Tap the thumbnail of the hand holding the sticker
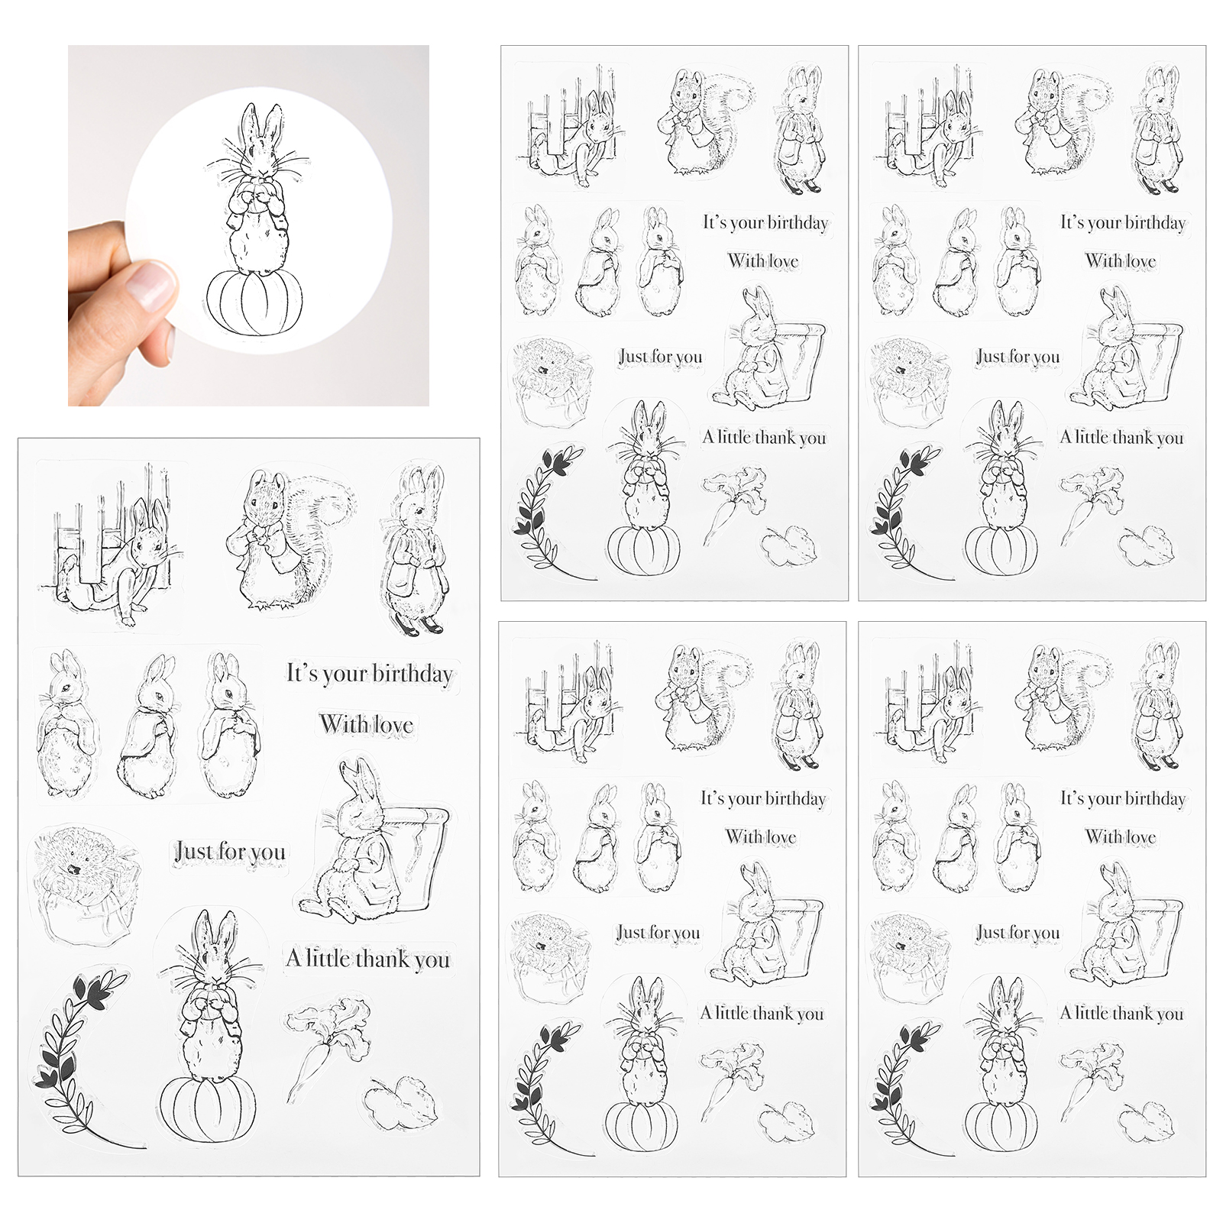click(x=248, y=225)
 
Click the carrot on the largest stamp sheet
click(x=325, y=1047)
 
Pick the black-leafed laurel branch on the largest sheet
click(x=80, y=1058)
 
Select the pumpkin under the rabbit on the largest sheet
click(x=209, y=1108)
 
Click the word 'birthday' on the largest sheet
click(x=413, y=674)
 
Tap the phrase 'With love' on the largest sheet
click(x=367, y=724)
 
